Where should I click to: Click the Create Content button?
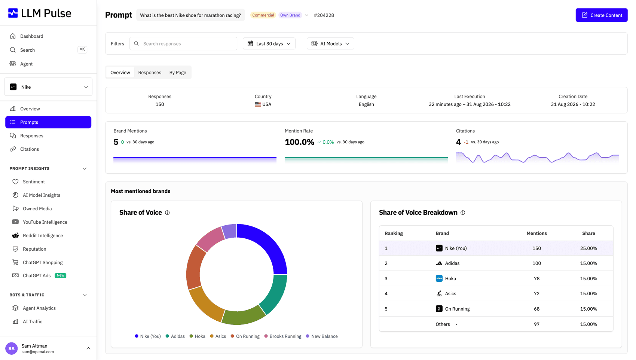(x=601, y=15)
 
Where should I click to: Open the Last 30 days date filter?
(x=269, y=43)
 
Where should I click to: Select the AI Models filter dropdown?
(x=330, y=43)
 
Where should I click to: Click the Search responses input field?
(x=183, y=43)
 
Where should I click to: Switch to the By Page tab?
(x=178, y=72)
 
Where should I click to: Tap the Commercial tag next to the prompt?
(x=263, y=15)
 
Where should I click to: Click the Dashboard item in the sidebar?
(x=31, y=36)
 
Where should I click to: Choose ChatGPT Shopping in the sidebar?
(x=43, y=262)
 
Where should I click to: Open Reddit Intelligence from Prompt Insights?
(x=43, y=235)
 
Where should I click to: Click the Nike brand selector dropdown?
(x=48, y=87)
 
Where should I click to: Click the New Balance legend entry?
(x=322, y=336)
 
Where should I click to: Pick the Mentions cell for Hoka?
(x=536, y=278)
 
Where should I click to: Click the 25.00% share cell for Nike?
(x=588, y=248)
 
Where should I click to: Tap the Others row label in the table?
(x=443, y=324)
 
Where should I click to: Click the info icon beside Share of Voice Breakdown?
(x=463, y=213)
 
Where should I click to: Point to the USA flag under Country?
(x=258, y=104)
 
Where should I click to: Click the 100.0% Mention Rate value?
(x=300, y=142)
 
